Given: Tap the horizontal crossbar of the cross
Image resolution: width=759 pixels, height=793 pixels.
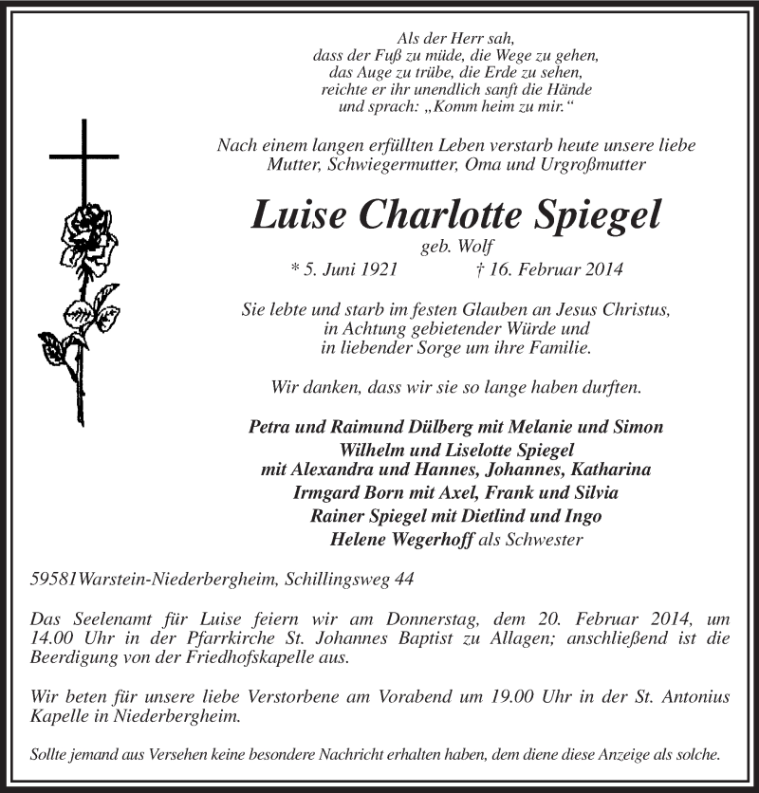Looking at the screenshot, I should pos(84,155).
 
